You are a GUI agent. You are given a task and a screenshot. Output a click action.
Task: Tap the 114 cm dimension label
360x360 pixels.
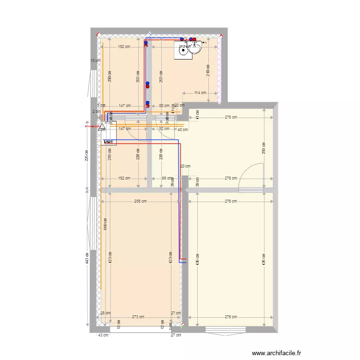[x=200, y=93]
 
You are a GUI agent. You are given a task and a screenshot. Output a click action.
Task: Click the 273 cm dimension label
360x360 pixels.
[x=138, y=317]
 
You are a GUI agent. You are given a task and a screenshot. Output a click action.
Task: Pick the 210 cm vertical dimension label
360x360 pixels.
[x=208, y=70]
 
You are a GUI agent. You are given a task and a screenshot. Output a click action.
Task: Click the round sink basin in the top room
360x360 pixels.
[x=197, y=48]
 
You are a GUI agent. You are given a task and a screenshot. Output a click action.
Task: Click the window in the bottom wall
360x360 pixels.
[x=226, y=330]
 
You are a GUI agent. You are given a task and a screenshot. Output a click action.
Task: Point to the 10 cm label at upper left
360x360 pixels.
[x=96, y=60]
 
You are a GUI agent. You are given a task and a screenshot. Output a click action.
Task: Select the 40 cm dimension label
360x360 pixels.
[x=182, y=130]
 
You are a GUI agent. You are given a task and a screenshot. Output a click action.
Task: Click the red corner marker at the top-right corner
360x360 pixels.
[x=222, y=35]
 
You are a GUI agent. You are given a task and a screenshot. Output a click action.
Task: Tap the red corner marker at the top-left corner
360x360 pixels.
[x=97, y=35]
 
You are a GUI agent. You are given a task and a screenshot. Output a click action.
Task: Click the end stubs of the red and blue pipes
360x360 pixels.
[x=183, y=261]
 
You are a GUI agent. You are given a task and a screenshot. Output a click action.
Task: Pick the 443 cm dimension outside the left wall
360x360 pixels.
[x=87, y=258]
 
